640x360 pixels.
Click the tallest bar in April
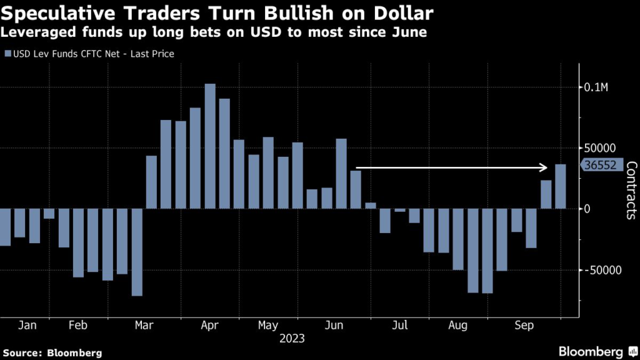pyautogui.click(x=210, y=146)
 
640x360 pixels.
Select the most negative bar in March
pyautogui.click(x=137, y=252)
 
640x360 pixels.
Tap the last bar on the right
pyautogui.click(x=561, y=186)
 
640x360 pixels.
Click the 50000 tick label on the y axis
pyautogui.click(x=599, y=148)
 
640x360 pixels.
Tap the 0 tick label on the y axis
pyautogui.click(x=587, y=209)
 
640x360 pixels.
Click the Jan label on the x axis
pyautogui.click(x=27, y=326)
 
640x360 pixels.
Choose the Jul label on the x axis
pyautogui.click(x=399, y=326)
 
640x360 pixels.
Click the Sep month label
pyautogui.click(x=524, y=326)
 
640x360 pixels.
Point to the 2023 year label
pyautogui.click(x=292, y=339)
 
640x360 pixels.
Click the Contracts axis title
pyautogui.click(x=631, y=190)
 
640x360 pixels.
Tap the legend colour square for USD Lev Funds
pyautogui.click(x=7, y=54)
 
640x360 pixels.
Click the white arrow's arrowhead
pyautogui.click(x=544, y=167)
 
